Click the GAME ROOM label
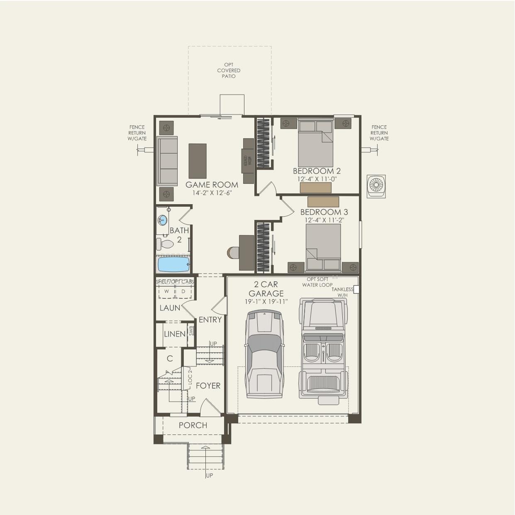[212, 185]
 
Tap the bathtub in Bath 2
[173, 264]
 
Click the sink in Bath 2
[163, 220]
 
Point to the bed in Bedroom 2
[316, 143]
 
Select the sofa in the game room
[167, 161]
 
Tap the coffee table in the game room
[198, 161]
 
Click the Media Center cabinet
[248, 161]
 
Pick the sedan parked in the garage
[264, 354]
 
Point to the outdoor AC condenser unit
[376, 186]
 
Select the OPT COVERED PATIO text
[229, 71]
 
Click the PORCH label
[193, 425]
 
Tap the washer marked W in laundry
[166, 291]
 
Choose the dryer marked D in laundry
[183, 291]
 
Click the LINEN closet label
[175, 334]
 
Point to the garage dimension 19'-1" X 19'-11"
[266, 302]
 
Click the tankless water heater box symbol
[356, 290]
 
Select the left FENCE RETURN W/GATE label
[137, 133]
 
